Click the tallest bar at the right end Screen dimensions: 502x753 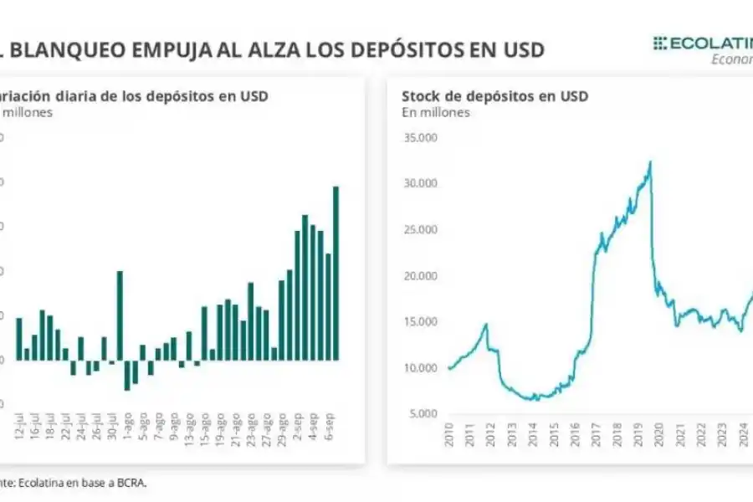click(x=336, y=273)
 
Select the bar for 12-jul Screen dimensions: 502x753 click(x=19, y=339)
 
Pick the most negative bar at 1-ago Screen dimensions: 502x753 click(x=127, y=375)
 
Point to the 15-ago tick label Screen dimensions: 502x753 click(x=205, y=428)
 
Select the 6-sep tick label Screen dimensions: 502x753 click(x=329, y=428)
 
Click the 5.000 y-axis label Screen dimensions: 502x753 click(x=423, y=413)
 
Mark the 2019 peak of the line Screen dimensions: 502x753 click(x=651, y=161)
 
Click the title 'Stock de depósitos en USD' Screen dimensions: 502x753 click(x=494, y=95)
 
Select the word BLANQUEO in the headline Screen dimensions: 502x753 click(x=68, y=49)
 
